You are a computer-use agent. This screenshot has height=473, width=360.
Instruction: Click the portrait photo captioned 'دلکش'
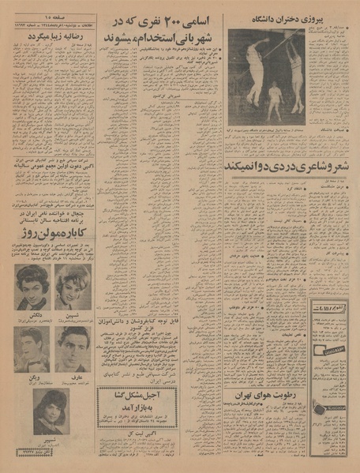click(x=34, y=289)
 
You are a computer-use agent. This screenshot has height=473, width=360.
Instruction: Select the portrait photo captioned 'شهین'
click(x=73, y=289)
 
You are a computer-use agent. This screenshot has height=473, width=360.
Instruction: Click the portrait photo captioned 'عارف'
click(x=73, y=350)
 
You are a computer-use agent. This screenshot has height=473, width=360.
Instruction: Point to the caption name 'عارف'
click(x=73, y=377)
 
